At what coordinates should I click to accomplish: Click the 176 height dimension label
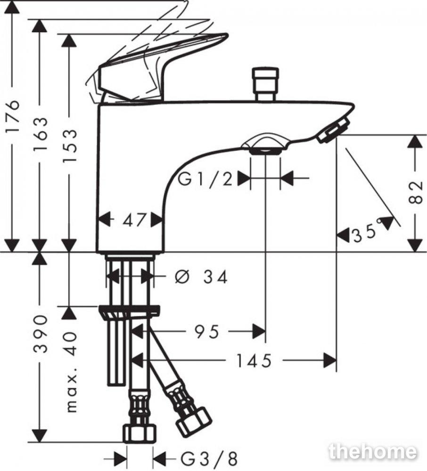pyautogui.click(x=13, y=116)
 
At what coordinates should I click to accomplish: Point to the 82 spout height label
pyautogui.click(x=417, y=192)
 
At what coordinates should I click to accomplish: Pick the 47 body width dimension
pyautogui.click(x=134, y=219)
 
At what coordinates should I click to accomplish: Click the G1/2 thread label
pyautogui.click(x=205, y=179)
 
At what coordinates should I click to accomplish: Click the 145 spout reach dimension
pyautogui.click(x=254, y=360)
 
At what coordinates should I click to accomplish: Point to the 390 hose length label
pyautogui.click(x=41, y=334)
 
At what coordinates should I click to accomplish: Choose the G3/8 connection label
pyautogui.click(x=209, y=458)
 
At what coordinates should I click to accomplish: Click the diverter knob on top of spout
pyautogui.click(x=266, y=84)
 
